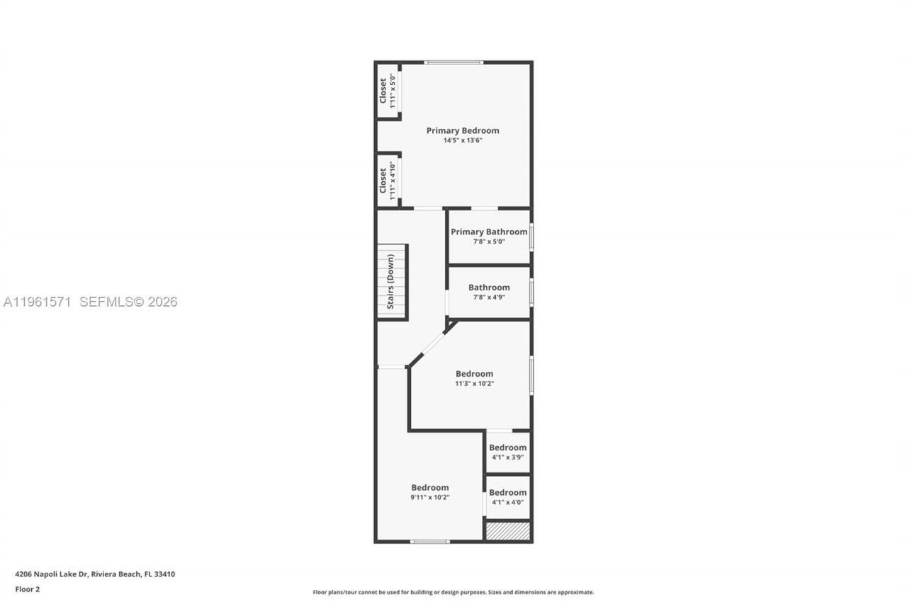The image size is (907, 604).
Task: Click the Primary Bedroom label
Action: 462,130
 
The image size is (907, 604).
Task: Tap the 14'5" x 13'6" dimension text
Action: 462,141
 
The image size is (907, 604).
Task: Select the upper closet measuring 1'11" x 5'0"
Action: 387,91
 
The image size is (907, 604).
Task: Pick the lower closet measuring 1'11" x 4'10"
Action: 387,181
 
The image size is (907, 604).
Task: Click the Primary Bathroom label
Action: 489,232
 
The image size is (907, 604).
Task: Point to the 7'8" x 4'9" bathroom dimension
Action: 489,297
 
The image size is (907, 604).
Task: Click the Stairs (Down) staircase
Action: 392,281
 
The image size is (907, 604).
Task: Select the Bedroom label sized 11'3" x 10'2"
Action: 474,374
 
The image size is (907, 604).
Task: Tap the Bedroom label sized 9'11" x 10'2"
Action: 430,487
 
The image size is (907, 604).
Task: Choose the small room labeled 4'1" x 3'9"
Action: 507,452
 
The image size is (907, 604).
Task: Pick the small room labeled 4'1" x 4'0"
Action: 507,497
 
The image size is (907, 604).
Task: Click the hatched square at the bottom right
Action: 507,531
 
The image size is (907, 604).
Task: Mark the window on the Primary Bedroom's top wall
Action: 453,62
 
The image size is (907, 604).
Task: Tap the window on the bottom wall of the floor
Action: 429,542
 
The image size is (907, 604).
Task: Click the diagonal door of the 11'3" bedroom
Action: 433,344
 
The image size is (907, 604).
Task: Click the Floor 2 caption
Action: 27,588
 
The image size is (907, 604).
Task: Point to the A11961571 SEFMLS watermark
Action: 90,302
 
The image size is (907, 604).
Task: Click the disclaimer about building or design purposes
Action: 453,592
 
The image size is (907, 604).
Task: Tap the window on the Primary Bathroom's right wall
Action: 531,237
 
